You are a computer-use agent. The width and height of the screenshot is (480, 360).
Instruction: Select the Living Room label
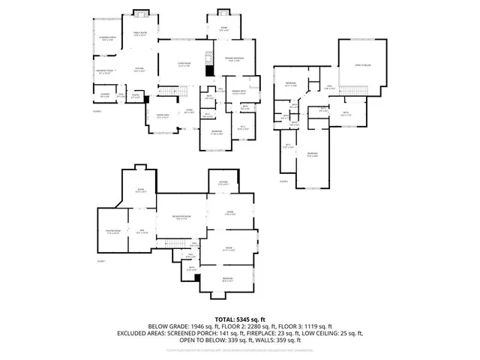coord(184,64)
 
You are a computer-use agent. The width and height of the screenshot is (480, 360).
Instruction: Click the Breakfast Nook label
coord(104,72)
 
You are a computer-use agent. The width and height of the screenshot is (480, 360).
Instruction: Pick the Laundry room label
coord(104,94)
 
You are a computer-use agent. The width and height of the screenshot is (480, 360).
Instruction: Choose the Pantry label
coord(136,95)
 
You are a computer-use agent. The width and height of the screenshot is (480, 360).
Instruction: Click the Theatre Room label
coord(113,232)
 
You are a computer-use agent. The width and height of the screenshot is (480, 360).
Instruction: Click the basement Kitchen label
coord(223,183)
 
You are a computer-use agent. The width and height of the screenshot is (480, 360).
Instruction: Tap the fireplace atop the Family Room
coord(140,14)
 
